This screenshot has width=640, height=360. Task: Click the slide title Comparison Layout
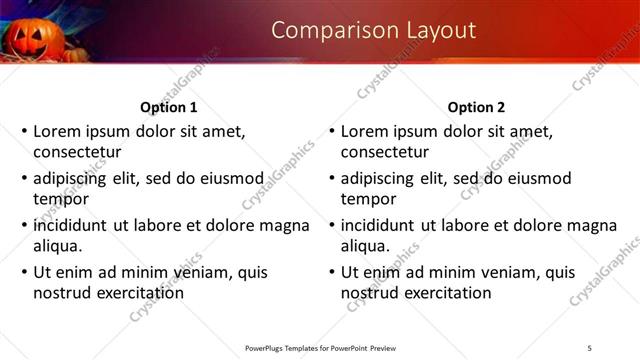(373, 30)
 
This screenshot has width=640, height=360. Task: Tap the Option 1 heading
(169, 107)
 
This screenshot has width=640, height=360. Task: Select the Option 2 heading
(477, 107)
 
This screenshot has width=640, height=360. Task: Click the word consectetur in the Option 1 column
(77, 153)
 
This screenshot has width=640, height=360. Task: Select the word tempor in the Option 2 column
(369, 199)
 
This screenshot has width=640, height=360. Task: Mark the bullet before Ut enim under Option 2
(330, 271)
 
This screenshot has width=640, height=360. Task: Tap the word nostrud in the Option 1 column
(61, 293)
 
